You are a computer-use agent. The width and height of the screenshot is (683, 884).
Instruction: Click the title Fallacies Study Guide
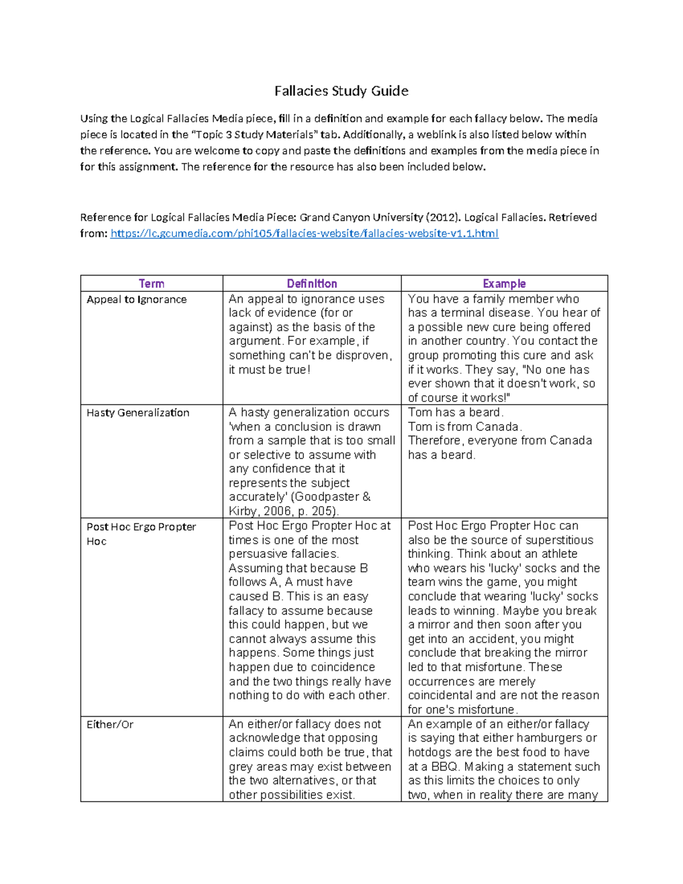coord(341,91)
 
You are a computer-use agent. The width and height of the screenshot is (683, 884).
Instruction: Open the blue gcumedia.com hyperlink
coord(304,233)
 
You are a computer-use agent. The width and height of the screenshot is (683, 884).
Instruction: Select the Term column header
coord(151,283)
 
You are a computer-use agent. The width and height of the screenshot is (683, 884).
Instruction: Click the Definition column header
coord(311,283)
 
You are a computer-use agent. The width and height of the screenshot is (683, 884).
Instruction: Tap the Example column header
coord(504,283)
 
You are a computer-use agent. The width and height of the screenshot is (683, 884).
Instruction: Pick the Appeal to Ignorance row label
coord(137,299)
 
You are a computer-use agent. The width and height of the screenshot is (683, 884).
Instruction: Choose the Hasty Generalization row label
coord(138,413)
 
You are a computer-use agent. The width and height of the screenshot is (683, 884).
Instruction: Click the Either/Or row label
coord(110,725)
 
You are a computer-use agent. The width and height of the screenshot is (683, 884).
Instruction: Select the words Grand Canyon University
coord(361,217)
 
